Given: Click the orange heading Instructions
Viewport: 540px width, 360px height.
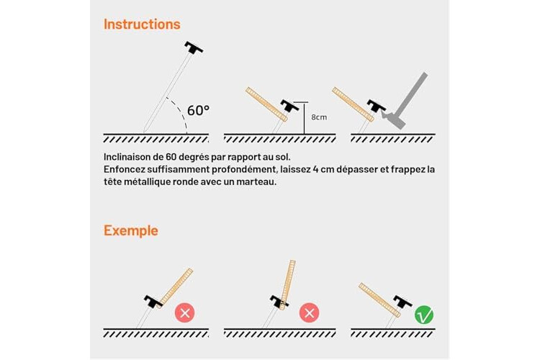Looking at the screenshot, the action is point(142,24).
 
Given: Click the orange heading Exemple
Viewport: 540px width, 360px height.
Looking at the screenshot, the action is point(131,231).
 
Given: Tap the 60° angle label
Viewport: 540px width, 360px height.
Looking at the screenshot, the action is point(198,111).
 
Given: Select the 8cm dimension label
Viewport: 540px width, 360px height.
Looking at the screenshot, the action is point(319,117).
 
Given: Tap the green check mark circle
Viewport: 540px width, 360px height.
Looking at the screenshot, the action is point(424,315).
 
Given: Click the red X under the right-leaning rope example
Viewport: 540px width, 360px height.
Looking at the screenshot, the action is point(185,312).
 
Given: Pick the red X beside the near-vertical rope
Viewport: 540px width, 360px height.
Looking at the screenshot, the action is point(310,312).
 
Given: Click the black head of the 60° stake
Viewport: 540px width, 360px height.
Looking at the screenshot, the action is point(194,48).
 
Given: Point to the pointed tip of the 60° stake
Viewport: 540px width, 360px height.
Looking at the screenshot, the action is point(144,132).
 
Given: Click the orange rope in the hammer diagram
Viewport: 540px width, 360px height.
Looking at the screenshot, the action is point(353,104).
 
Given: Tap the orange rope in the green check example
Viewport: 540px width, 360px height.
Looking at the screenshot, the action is point(379,300).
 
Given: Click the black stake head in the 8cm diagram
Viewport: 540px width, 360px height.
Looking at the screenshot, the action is point(289,105).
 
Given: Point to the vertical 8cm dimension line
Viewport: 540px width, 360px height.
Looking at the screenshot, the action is point(304,118).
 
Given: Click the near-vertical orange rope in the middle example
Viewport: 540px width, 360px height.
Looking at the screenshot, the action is point(287,285).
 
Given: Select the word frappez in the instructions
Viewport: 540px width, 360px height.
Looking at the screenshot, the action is point(408,169).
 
